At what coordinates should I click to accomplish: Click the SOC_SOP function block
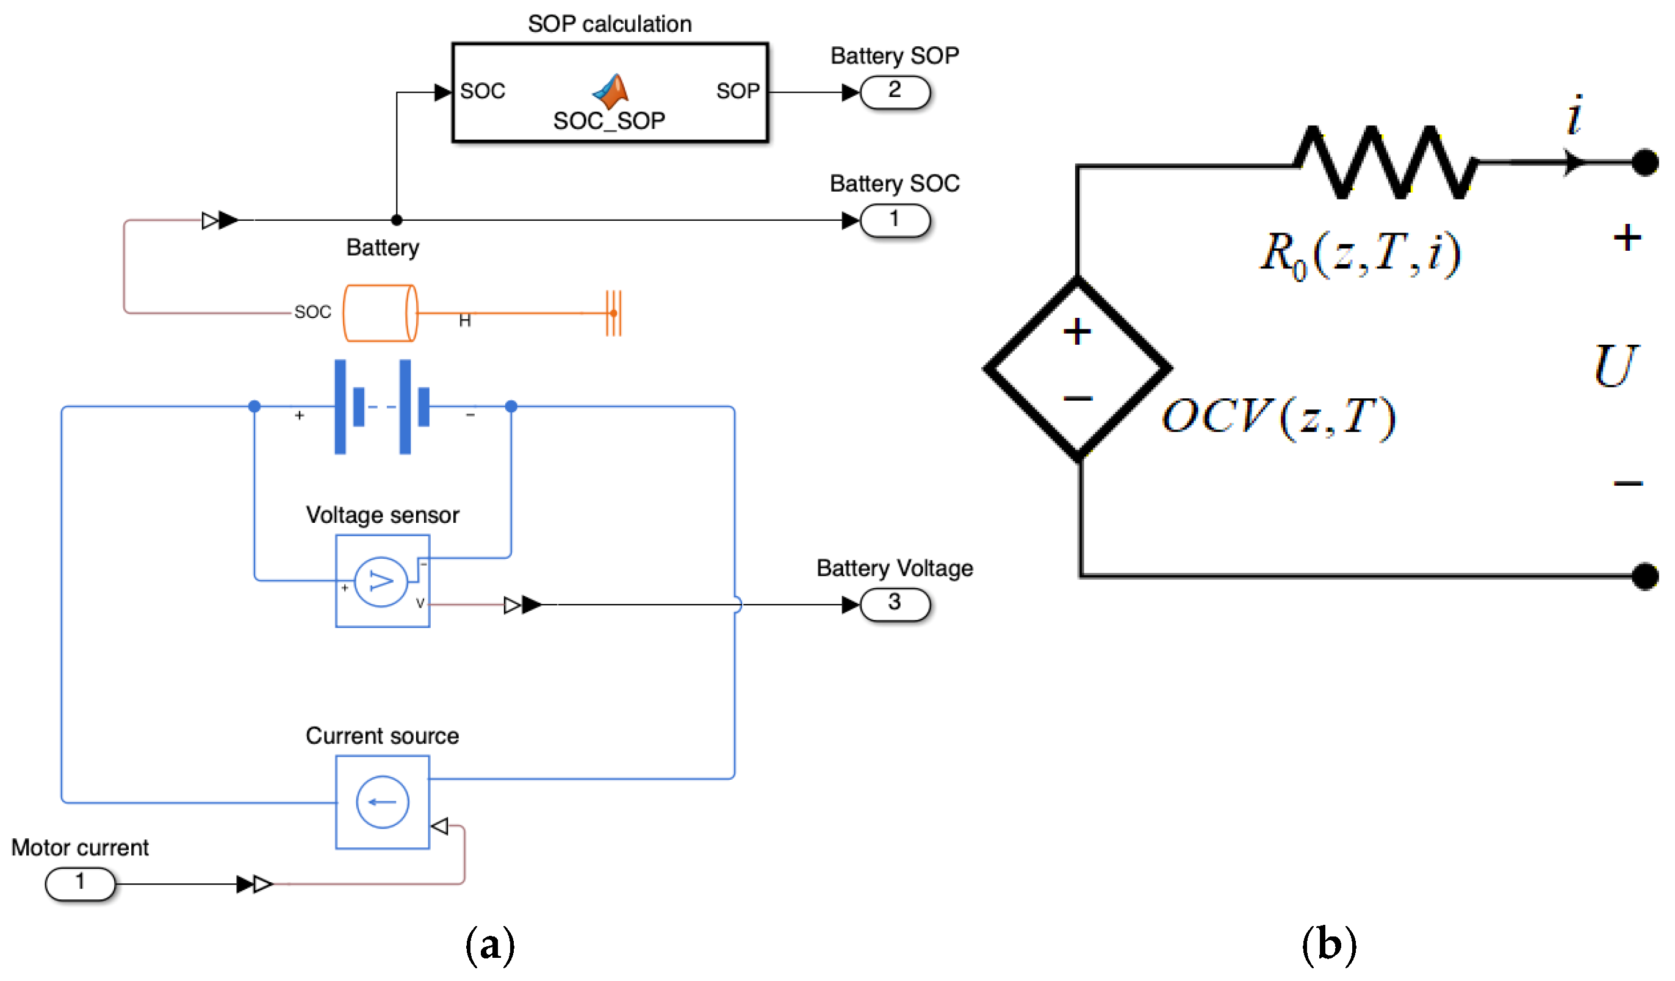(x=610, y=92)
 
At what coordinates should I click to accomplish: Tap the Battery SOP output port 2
(x=895, y=92)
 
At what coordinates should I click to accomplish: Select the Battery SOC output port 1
(x=895, y=220)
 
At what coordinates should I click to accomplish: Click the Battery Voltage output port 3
(x=895, y=604)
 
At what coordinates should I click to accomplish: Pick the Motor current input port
(x=80, y=884)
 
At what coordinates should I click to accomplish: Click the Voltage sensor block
(x=382, y=580)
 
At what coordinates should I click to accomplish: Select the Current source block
(x=382, y=802)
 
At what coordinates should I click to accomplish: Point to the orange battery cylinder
(x=380, y=313)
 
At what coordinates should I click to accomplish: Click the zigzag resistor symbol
(x=1385, y=162)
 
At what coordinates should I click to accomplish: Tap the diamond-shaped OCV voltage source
(x=1078, y=367)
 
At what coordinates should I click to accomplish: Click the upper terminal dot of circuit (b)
(x=1645, y=162)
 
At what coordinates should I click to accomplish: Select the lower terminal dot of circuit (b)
(x=1645, y=575)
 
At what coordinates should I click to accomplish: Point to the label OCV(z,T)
(x=1278, y=417)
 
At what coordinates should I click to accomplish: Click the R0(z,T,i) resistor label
(x=1361, y=255)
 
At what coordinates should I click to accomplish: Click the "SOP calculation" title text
(x=610, y=24)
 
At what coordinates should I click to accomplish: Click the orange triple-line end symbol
(x=613, y=312)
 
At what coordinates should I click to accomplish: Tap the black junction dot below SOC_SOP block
(x=397, y=220)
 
